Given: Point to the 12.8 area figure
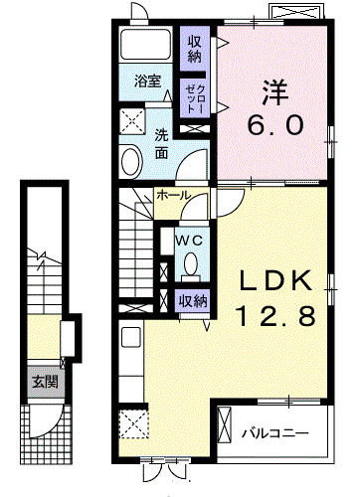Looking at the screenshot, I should click(275, 317).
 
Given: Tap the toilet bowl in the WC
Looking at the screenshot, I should click(190, 263).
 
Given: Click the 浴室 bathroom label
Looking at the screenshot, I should click(148, 82).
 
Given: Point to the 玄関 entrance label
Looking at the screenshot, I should click(43, 381).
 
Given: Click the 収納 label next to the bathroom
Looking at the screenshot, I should click(195, 48).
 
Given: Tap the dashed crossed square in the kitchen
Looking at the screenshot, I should click(133, 424).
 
